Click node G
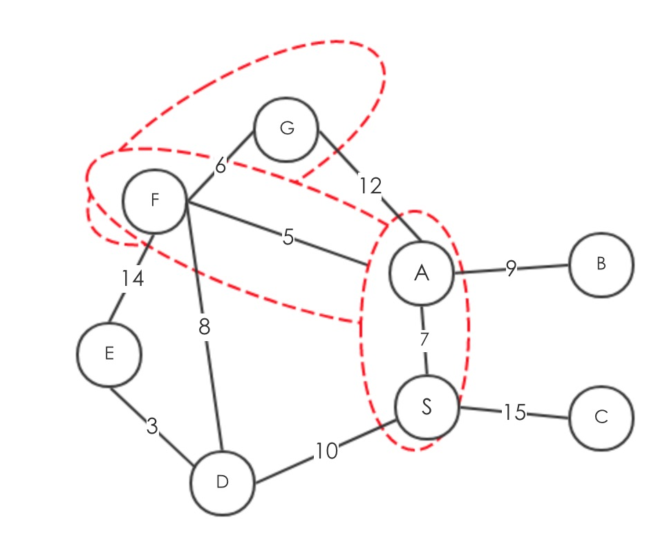point(286,129)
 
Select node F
point(154,201)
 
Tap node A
point(422,273)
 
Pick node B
point(601,264)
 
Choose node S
point(427,407)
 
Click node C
point(601,418)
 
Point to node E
point(109,354)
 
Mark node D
point(222,483)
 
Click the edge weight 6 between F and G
point(221,166)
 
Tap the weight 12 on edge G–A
point(370,185)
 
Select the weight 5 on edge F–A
point(288,238)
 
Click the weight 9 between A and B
point(510,269)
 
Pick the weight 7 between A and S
point(424,340)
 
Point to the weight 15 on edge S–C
point(514,412)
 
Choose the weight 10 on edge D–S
point(326,451)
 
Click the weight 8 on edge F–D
point(204,327)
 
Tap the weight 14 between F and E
point(133,279)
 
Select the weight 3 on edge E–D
point(152,427)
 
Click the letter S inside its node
point(427,407)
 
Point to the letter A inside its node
point(422,273)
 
